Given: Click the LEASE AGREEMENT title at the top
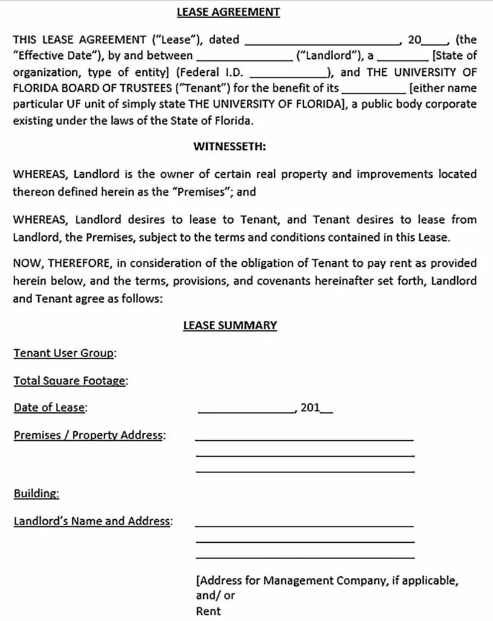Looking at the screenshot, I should (229, 12).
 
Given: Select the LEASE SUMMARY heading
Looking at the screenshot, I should (230, 326).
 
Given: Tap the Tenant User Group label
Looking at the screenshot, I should (65, 353).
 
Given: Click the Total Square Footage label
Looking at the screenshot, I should (70, 381).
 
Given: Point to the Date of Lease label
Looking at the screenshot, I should (50, 408).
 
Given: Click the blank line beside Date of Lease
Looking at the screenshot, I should (246, 411).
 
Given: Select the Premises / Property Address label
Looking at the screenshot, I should (89, 435).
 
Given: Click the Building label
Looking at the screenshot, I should (36, 494).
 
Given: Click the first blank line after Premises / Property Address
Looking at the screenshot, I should (304, 438).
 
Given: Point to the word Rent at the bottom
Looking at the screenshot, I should (208, 611).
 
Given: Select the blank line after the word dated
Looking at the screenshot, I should (322, 44).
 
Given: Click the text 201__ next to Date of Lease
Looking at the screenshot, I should (316, 408).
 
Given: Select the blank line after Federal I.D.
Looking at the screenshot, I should (288, 75).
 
